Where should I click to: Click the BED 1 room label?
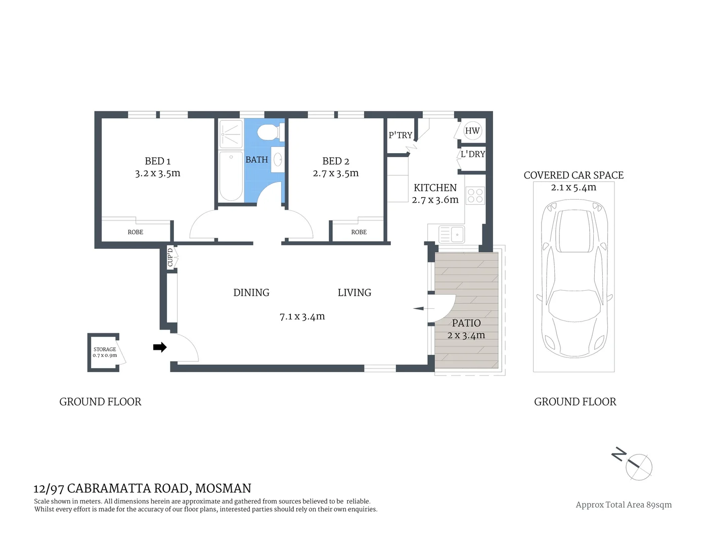(x=157, y=161)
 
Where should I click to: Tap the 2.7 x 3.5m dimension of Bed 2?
(x=336, y=173)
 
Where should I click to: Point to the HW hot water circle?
(x=472, y=131)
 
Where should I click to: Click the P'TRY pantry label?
(x=400, y=135)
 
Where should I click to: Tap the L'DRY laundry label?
(x=472, y=154)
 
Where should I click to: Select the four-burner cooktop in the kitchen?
(x=475, y=195)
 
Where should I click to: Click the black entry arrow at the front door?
(x=160, y=347)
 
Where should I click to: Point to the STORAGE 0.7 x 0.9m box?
(x=105, y=352)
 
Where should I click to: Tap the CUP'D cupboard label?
(x=170, y=257)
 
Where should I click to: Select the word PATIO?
(x=466, y=323)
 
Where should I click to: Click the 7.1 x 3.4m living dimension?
(x=302, y=317)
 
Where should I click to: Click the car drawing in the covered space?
(x=573, y=278)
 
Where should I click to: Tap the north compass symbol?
(x=638, y=466)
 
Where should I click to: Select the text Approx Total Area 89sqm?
(x=624, y=505)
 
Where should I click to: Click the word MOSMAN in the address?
(x=223, y=488)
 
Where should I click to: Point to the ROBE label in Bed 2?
(x=359, y=232)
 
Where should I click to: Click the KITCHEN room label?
(x=435, y=188)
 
